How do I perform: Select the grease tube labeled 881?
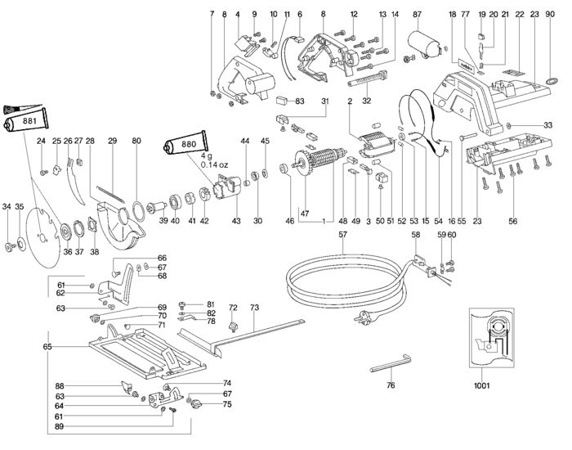tap(25, 120)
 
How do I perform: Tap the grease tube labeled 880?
tap(185, 143)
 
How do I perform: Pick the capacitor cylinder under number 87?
tap(424, 43)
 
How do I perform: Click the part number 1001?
tap(481, 385)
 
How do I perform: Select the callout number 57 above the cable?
tap(343, 235)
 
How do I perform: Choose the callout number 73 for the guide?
tap(254, 308)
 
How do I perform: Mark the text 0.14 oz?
tap(214, 164)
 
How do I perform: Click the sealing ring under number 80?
tap(137, 211)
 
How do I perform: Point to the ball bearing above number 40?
tap(176, 202)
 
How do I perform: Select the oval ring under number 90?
tap(552, 80)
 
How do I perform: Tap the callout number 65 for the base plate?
tap(47, 347)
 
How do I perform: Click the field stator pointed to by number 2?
tap(377, 145)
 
